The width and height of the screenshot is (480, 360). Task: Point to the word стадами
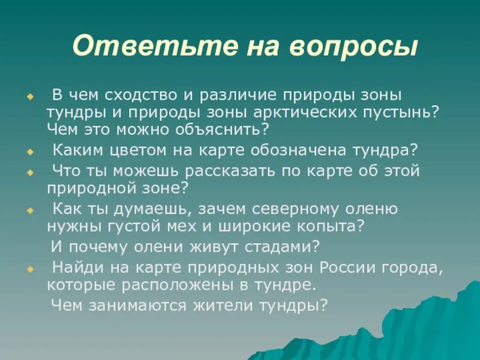[x=266, y=247]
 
